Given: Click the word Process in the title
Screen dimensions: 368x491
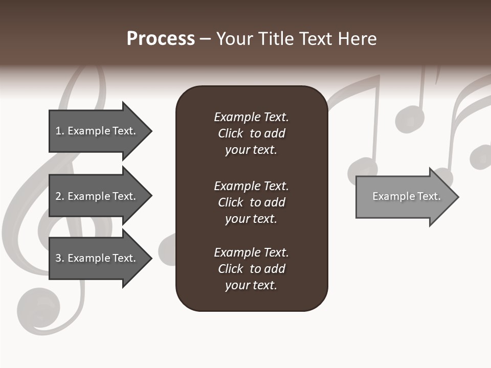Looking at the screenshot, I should [161, 38].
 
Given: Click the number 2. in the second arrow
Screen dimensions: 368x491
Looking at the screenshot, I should [60, 196].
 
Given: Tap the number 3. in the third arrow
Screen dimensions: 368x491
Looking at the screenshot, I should [60, 258].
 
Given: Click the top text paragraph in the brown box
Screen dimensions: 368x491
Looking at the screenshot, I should [251, 133].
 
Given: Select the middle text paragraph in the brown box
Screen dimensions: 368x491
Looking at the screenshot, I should [251, 202].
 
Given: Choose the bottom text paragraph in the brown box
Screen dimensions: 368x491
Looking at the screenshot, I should [251, 269].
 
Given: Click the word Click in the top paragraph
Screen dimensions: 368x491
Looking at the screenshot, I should [230, 133].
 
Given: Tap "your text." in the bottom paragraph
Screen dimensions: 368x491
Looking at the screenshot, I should [251, 285].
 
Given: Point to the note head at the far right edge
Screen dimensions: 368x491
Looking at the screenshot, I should [481, 156].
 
